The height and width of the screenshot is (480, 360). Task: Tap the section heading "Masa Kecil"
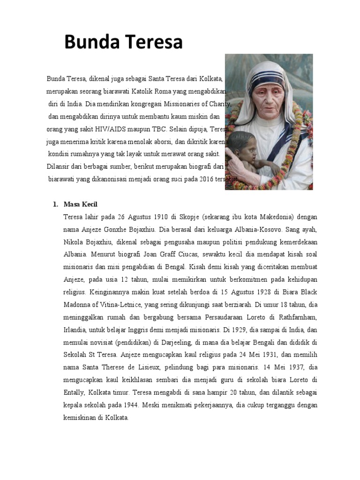[81, 204]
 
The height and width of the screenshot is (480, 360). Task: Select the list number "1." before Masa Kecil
[55, 204]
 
